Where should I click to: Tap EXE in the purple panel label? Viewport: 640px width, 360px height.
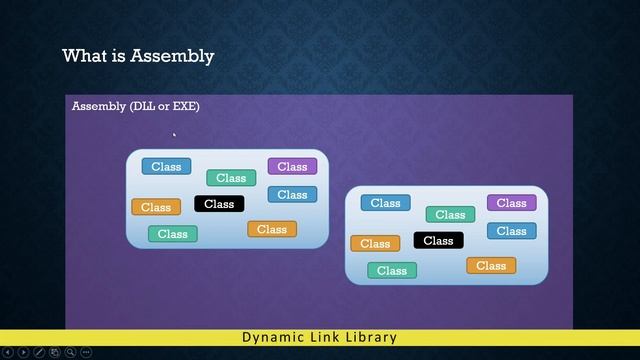pos(182,106)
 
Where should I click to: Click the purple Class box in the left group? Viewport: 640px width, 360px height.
pos(292,166)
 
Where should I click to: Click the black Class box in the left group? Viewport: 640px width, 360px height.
pos(219,204)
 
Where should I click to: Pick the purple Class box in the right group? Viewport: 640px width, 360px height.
pos(511,203)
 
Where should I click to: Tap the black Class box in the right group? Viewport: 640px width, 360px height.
pos(438,240)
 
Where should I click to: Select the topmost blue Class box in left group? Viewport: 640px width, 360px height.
pos(166,166)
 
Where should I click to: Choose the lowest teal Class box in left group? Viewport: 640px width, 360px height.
pos(173,234)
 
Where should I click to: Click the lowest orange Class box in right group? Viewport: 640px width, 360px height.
pos(491,265)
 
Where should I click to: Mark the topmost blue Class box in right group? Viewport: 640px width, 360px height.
pos(385,203)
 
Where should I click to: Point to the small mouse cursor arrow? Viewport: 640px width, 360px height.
pos(174,134)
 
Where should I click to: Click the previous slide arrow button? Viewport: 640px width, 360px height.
pos(8,352)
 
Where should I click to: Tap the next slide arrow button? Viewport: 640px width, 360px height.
pos(23,352)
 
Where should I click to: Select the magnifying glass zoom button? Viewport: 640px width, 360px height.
pos(70,352)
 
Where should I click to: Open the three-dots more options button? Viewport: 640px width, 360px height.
pos(86,352)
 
